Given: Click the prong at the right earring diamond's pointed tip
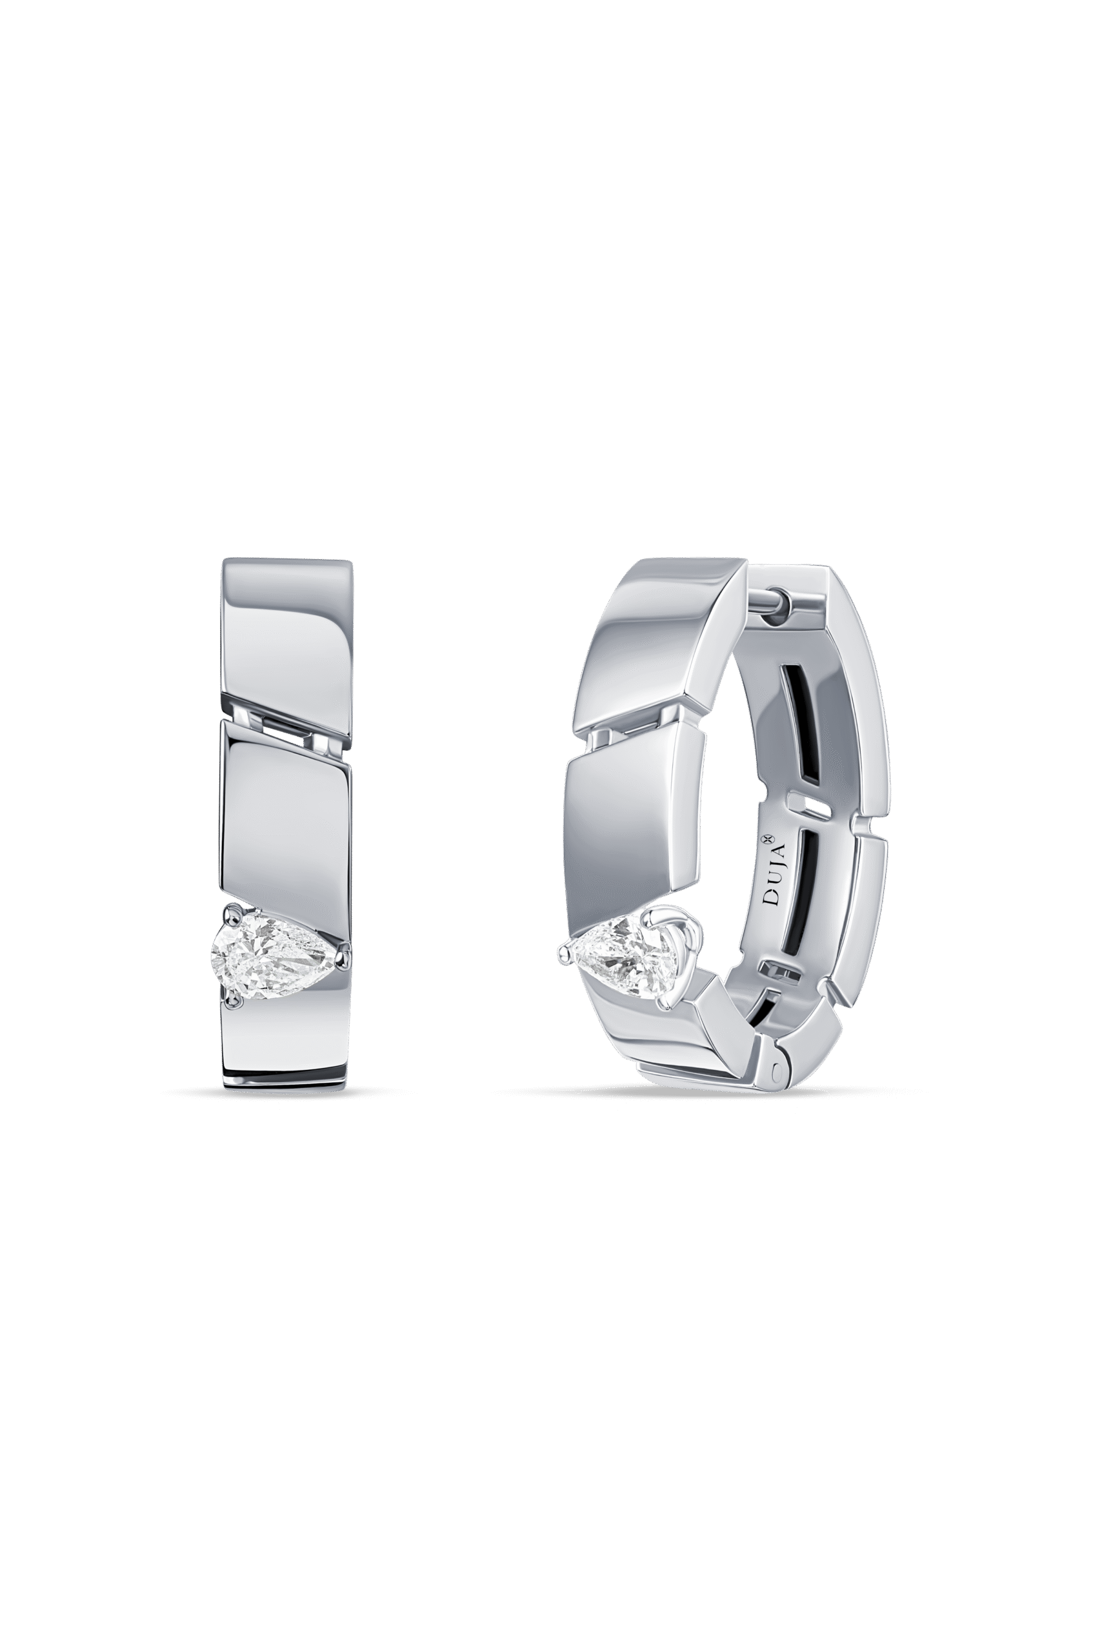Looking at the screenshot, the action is click(x=564, y=952).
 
